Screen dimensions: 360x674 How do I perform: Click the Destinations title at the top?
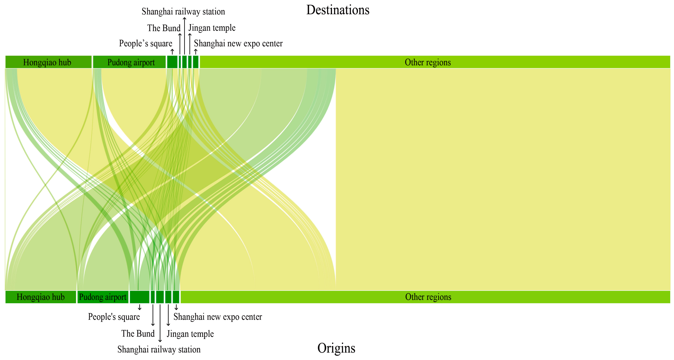338,10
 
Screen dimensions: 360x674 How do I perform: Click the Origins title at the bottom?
336,348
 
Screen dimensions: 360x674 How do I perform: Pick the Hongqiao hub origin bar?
41,297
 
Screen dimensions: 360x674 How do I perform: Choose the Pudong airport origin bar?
103,297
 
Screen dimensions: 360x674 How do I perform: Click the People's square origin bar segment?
140,297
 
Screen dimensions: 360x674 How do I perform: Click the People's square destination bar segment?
172,62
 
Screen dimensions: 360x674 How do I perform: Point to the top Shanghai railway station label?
183,11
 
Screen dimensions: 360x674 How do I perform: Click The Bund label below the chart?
138,334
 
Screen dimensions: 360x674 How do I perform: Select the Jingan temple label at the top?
212,28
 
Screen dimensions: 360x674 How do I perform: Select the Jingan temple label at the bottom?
190,334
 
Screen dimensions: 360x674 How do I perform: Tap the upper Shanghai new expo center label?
238,43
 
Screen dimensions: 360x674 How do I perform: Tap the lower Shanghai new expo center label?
218,317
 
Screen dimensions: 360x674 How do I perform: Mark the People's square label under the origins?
114,317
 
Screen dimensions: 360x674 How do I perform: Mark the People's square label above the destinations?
146,43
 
